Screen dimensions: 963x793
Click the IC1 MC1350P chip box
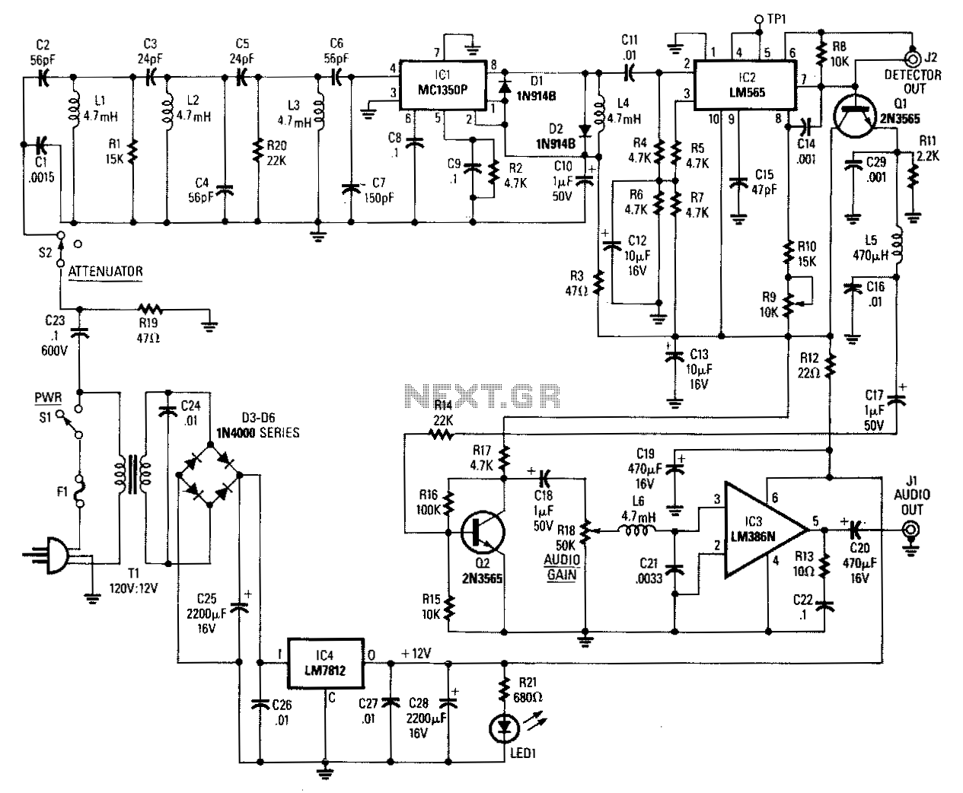click(443, 85)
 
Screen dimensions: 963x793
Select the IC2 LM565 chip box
click(746, 85)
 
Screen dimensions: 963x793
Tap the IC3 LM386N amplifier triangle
click(766, 530)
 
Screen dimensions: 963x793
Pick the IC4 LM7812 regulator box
click(326, 664)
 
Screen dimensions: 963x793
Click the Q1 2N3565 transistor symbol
click(854, 115)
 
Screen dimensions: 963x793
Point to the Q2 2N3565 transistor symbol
click(483, 532)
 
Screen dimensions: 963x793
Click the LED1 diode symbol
click(505, 728)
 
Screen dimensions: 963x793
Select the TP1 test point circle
click(759, 19)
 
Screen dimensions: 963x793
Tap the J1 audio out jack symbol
click(910, 530)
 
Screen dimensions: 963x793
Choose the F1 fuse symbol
click(80, 491)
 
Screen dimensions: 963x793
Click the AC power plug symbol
click(51, 555)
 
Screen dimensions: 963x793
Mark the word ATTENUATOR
click(106, 271)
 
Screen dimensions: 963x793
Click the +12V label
click(416, 653)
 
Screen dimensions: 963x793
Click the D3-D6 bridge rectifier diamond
click(210, 475)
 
